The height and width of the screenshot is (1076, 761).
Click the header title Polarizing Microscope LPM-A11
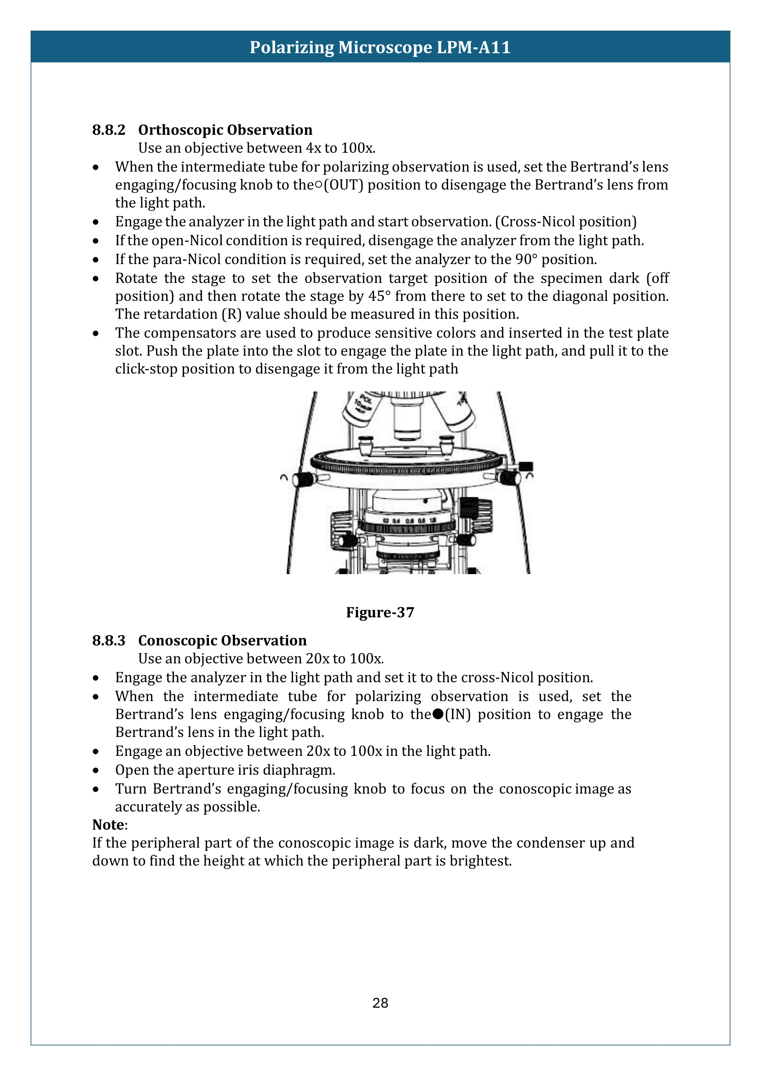380,47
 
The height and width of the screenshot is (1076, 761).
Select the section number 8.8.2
109,130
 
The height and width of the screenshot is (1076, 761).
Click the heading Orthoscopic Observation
225,130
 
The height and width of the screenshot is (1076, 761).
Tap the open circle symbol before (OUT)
318,185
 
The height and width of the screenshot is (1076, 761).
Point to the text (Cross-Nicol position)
565,222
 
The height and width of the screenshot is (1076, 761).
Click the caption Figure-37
380,612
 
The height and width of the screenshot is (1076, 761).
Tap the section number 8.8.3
109,640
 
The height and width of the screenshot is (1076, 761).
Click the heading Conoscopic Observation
222,640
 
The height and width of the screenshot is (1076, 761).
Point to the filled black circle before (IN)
438,714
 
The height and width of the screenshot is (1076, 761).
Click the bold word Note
108,824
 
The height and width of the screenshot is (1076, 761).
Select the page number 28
380,1003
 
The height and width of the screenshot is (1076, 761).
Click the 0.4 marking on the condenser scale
396,521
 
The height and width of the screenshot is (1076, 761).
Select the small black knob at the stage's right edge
526,466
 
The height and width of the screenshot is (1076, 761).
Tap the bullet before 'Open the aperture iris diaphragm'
96,770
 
